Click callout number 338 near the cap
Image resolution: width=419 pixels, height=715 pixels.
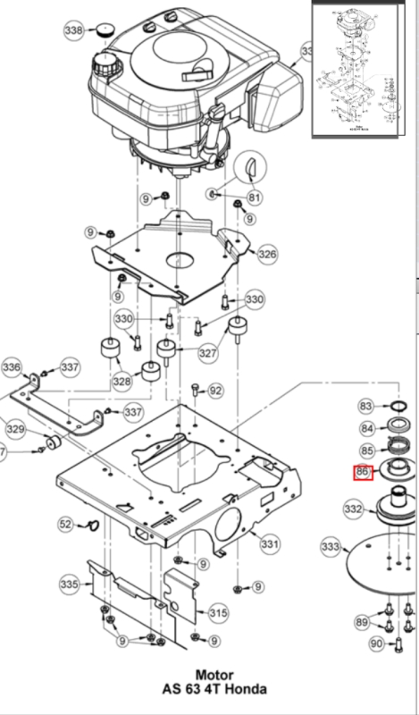pyautogui.click(x=75, y=31)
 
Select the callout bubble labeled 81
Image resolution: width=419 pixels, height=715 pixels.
pyautogui.click(x=255, y=198)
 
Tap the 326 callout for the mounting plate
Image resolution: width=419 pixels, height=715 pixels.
pyautogui.click(x=267, y=255)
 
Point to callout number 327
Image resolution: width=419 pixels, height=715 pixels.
pyautogui.click(x=208, y=354)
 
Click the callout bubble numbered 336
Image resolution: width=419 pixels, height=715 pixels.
pyautogui.click(x=12, y=367)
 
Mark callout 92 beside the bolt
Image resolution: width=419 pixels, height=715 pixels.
pyautogui.click(x=215, y=391)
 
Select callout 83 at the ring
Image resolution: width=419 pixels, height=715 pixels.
pyautogui.click(x=365, y=407)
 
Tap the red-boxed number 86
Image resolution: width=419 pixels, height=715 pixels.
pyautogui.click(x=363, y=472)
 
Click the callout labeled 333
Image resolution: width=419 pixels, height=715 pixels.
pyautogui.click(x=331, y=546)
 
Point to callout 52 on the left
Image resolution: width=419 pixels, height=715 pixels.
pyautogui.click(x=66, y=524)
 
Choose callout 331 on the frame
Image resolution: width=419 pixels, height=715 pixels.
pyautogui.click(x=270, y=543)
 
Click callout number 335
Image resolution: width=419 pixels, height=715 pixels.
pyautogui.click(x=69, y=585)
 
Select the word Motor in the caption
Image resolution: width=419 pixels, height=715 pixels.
pyautogui.click(x=214, y=675)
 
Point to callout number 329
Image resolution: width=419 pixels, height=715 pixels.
pyautogui.click(x=15, y=430)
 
